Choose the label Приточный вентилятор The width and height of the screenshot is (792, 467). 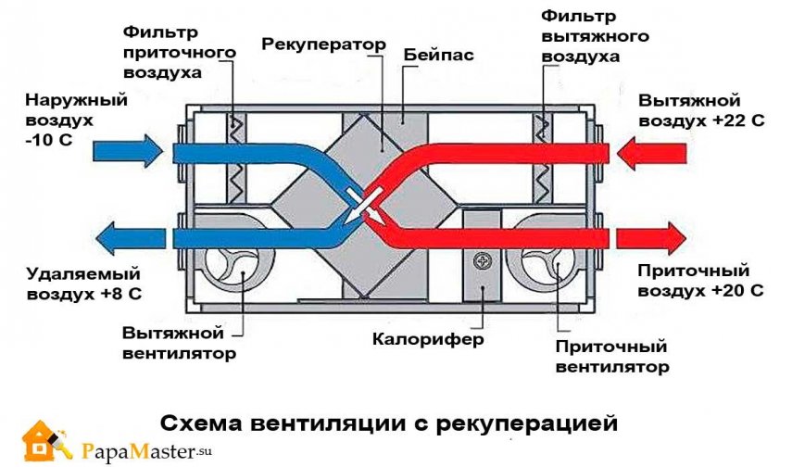tap(610, 358)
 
